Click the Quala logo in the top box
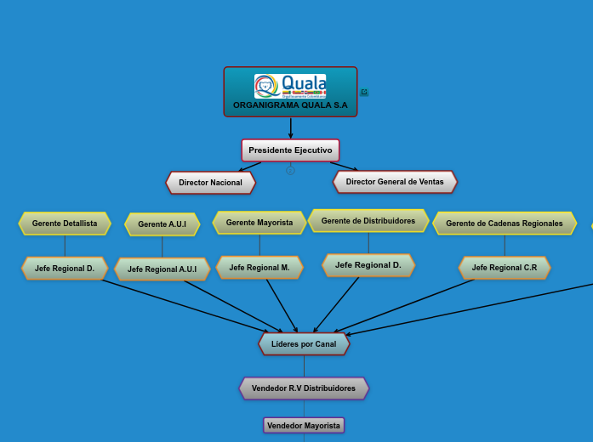click(x=290, y=86)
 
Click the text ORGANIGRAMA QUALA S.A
click(x=290, y=105)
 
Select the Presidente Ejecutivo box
click(x=290, y=150)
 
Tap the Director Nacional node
click(x=210, y=183)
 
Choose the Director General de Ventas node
click(x=395, y=182)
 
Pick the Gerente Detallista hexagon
click(x=65, y=224)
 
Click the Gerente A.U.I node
click(x=162, y=224)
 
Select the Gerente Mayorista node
click(x=259, y=223)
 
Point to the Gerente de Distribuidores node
click(x=368, y=221)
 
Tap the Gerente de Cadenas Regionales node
click(x=505, y=224)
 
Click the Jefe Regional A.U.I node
click(x=162, y=269)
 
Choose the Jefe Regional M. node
click(x=259, y=268)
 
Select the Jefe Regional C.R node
click(x=505, y=268)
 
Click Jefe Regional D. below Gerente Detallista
click(x=65, y=269)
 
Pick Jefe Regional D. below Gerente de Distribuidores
click(x=368, y=265)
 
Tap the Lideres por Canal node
click(x=304, y=344)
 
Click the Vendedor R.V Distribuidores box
click(x=304, y=388)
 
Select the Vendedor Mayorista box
click(x=304, y=425)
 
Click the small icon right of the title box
click(x=364, y=92)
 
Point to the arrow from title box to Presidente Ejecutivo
click(x=290, y=128)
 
